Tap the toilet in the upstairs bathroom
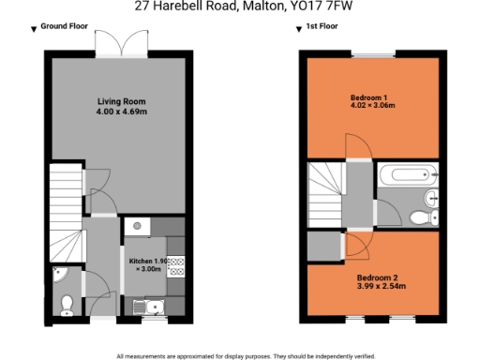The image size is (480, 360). coord(425,217)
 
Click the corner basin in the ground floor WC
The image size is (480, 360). coord(60,275)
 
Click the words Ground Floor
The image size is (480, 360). coord(65,27)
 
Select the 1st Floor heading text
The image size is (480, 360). coord(322,27)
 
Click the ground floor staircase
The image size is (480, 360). coord(64,210)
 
